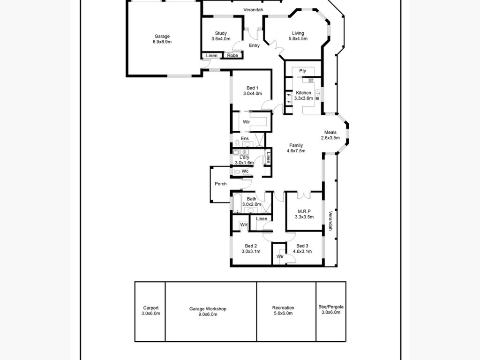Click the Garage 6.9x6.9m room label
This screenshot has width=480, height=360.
162,39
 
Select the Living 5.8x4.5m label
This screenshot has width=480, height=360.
298,36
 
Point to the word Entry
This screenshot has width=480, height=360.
254,45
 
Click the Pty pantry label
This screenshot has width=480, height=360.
303,71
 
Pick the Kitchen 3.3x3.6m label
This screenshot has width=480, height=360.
303,96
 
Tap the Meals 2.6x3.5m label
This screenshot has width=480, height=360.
330,135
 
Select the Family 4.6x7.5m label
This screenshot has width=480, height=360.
296,148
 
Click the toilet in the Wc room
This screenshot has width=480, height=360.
237,172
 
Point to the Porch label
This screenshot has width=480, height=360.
221,184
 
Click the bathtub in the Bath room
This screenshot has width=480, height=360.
237,203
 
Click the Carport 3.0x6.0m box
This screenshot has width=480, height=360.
150,311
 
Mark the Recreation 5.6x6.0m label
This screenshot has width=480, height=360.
283,310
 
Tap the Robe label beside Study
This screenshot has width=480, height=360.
232,55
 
